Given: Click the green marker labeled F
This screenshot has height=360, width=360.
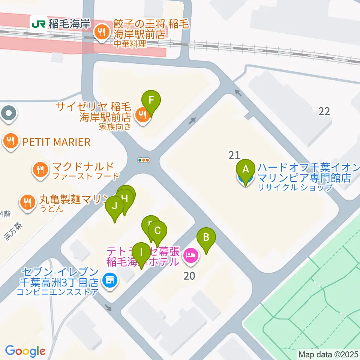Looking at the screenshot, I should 151,100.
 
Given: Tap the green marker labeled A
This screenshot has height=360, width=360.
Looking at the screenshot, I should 246,169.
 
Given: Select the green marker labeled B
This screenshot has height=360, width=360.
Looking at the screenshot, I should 206,237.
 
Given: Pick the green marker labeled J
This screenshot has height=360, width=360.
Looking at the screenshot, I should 114,206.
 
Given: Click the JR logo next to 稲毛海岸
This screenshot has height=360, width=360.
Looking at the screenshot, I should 39,24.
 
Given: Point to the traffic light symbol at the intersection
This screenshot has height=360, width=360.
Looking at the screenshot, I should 144,160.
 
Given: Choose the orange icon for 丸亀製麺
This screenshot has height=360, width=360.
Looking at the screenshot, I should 27,202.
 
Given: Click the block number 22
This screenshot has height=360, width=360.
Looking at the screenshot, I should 324,111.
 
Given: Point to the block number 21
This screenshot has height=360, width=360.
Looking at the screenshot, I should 234,154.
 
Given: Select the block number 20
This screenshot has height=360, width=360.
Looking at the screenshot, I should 189,276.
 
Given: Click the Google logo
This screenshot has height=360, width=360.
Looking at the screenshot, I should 25,351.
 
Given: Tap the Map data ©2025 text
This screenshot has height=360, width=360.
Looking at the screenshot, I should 328,354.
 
